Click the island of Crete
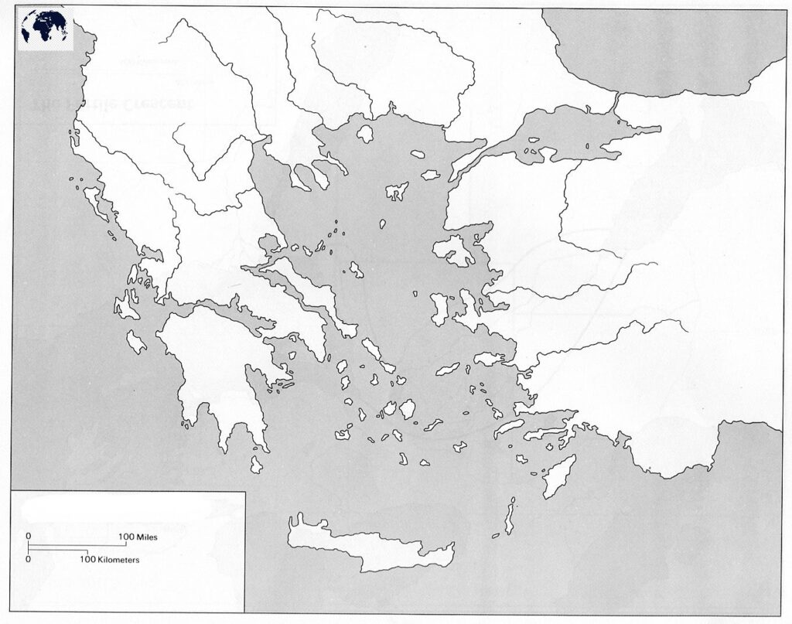(364, 544)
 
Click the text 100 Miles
(138, 536)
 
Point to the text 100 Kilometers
(108, 558)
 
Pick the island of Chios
(440, 308)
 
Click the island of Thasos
(364, 133)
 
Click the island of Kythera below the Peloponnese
(257, 464)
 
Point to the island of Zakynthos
(136, 341)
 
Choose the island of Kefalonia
(126, 305)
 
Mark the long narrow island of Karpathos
(510, 517)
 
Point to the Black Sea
(665, 46)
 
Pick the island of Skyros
(357, 270)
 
